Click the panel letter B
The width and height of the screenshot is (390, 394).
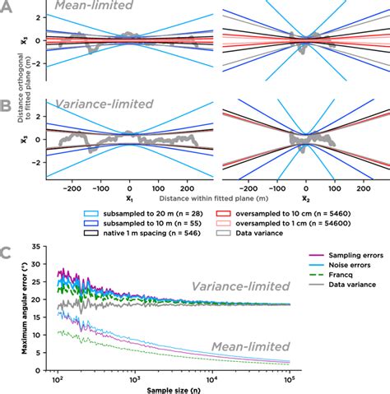7,106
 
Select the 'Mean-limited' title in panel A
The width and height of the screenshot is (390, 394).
90,7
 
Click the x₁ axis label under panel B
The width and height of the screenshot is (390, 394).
128,199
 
